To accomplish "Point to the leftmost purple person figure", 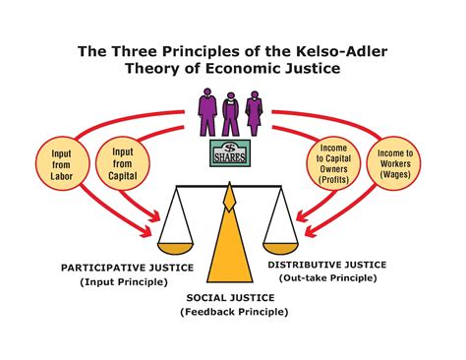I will pos(207,114).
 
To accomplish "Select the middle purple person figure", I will pos(233,115).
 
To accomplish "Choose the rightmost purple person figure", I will pos(256,114).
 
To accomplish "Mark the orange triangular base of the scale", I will pos(230,246).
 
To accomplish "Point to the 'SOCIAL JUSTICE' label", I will pos(233,296).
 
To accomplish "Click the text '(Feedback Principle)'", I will pos(234,312).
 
